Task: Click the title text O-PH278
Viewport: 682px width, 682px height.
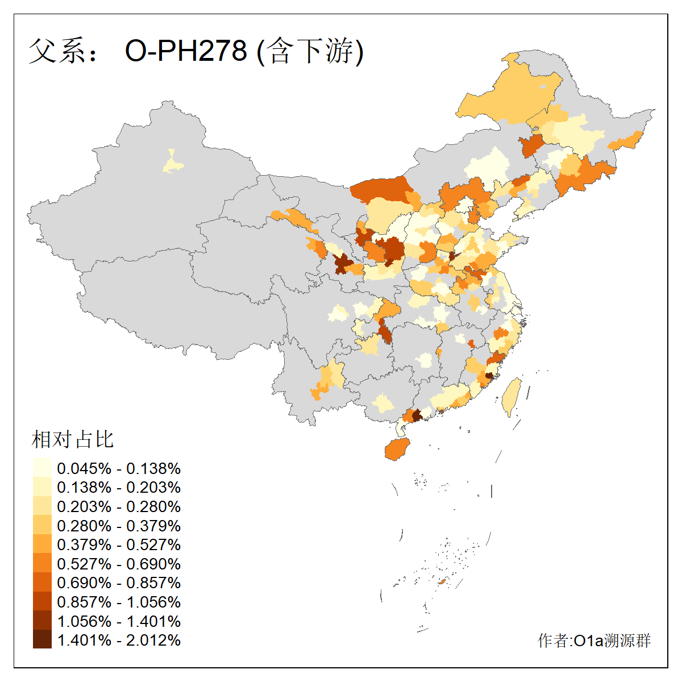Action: pyautogui.click(x=186, y=51)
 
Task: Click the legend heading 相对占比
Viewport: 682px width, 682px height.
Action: pyautogui.click(x=73, y=439)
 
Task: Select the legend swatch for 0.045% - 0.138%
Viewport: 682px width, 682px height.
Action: pyautogui.click(x=42, y=468)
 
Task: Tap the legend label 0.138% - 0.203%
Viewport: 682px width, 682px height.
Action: pyautogui.click(x=119, y=488)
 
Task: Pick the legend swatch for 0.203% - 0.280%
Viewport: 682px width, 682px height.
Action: pyautogui.click(x=42, y=506)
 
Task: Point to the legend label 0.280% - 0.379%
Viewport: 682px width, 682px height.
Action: pyautogui.click(x=119, y=526)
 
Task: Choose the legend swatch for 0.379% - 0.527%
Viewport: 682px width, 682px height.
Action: pyautogui.click(x=42, y=544)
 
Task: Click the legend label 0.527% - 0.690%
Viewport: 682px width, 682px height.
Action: pyautogui.click(x=119, y=564)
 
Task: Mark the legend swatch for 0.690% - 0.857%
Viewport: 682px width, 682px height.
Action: pyautogui.click(x=42, y=583)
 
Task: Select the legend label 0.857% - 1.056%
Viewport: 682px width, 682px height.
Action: pyautogui.click(x=119, y=602)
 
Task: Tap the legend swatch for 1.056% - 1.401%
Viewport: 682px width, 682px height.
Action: pyautogui.click(x=42, y=621)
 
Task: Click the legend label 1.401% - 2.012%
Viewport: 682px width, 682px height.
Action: pyautogui.click(x=119, y=640)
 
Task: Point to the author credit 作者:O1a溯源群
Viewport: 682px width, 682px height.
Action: pyautogui.click(x=594, y=641)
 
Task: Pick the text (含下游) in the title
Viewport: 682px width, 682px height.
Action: pyautogui.click(x=310, y=51)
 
